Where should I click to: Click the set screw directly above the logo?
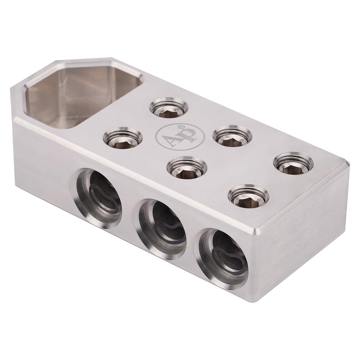170,108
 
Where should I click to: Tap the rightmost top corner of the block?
349,166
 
